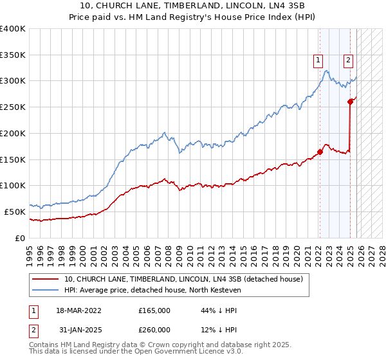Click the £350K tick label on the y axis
tap(13, 55)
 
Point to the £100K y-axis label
tap(13, 185)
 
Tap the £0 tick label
tap(20, 238)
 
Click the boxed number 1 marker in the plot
tap(318, 61)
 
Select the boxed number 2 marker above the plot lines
tap(348, 61)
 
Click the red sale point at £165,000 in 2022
tap(320, 152)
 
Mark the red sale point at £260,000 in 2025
tap(350, 101)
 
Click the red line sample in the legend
tap(46, 279)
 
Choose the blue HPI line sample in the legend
tap(46, 290)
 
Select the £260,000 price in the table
tap(154, 330)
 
